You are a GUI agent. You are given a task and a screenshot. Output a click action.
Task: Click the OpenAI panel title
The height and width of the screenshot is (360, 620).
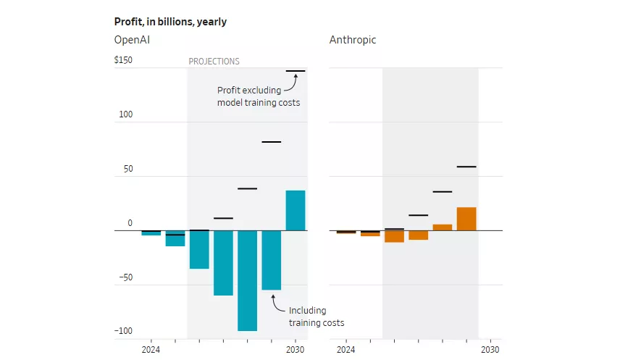[x=132, y=40]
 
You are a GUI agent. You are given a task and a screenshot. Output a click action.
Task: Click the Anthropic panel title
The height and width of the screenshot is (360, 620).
[x=353, y=40]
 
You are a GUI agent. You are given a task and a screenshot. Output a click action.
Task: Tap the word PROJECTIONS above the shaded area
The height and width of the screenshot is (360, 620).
[x=214, y=62]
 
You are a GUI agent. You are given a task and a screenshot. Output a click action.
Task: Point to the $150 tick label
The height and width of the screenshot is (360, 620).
[x=123, y=60]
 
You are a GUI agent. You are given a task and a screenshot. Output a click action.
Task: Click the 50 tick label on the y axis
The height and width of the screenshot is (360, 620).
[x=127, y=169]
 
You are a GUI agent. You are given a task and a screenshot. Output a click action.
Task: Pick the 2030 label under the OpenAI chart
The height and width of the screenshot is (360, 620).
[x=295, y=349]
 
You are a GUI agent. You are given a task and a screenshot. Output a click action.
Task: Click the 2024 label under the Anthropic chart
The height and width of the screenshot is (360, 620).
[x=345, y=349]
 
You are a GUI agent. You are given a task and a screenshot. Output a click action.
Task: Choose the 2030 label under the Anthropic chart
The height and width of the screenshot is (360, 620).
[x=490, y=349]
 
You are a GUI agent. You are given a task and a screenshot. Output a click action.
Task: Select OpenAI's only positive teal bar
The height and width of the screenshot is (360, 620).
[x=295, y=210]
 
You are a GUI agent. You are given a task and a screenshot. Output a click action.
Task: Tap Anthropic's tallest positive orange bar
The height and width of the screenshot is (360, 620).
[x=466, y=219]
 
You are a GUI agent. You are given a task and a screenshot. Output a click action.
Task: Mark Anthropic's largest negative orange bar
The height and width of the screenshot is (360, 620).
[x=394, y=236]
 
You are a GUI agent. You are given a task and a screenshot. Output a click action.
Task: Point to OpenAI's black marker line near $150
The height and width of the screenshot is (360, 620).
[x=295, y=71]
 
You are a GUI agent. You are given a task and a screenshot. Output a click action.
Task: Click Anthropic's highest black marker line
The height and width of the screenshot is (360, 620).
[x=466, y=167]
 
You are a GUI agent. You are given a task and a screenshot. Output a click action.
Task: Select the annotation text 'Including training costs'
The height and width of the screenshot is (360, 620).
[x=317, y=317]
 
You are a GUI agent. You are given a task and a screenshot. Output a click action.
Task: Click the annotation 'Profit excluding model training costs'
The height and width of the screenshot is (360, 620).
[x=258, y=96]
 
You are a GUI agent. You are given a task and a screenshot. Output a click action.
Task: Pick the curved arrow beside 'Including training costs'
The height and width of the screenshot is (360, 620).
[x=276, y=303]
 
